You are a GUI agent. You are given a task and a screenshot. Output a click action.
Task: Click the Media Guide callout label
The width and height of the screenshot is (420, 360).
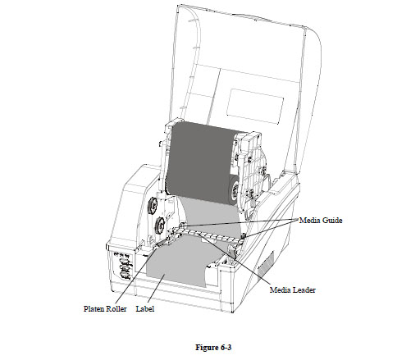point(321,221)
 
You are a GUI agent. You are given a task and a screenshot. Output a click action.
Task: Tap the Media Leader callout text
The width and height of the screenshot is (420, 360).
point(293,290)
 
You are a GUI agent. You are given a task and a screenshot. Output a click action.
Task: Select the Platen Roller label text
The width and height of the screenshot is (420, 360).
point(105,309)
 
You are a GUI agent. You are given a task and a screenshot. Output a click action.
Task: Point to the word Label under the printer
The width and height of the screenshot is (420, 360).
point(145,309)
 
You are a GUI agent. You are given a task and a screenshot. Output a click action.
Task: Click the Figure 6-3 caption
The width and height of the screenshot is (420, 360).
point(213,348)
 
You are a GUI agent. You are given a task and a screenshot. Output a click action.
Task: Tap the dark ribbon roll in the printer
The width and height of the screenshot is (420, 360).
point(202,162)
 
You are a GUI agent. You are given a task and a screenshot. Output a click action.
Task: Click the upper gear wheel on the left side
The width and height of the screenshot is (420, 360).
point(153,205)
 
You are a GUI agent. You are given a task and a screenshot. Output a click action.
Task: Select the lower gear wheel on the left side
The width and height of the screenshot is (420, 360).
point(159,226)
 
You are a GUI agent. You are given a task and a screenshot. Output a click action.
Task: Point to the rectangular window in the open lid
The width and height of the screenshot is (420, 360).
point(255,107)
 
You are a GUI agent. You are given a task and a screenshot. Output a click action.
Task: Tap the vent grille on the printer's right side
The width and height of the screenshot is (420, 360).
point(266,263)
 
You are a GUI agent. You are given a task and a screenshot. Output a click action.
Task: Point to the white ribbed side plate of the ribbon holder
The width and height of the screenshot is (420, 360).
point(252,170)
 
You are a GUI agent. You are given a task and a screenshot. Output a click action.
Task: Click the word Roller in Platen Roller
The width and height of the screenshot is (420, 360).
point(116,309)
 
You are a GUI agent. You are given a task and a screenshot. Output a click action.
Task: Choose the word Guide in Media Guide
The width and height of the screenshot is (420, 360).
point(332,221)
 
